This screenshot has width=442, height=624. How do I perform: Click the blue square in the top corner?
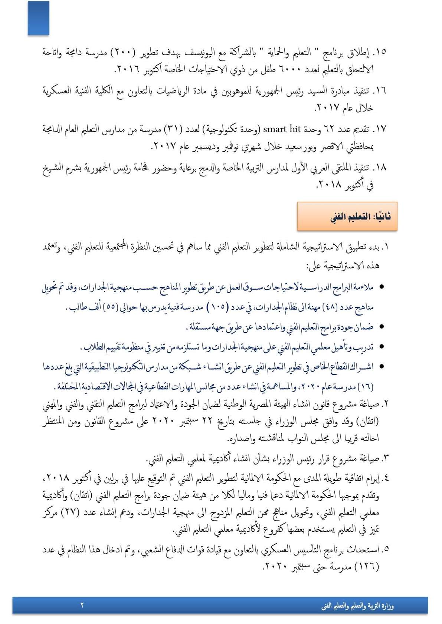(38, 18)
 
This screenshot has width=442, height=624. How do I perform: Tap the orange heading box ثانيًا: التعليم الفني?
(347, 217)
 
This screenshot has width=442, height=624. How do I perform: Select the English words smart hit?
(281, 129)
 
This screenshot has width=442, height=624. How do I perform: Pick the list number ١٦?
(379, 90)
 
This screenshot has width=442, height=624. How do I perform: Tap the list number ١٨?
(379, 168)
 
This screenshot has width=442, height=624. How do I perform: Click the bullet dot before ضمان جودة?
(381, 327)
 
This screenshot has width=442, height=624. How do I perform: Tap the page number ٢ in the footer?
(82, 605)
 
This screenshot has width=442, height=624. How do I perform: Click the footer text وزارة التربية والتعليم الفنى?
(357, 606)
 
